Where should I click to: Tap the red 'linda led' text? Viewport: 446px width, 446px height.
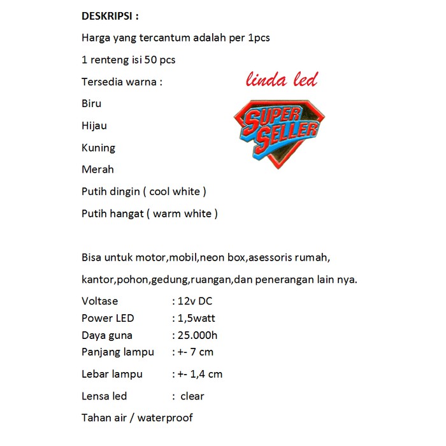[282, 80]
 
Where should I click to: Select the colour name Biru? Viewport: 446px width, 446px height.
[92, 103]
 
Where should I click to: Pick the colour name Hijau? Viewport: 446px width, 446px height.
[94, 126]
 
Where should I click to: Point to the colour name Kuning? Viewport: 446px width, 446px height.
[99, 148]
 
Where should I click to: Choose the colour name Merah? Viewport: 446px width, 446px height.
[98, 169]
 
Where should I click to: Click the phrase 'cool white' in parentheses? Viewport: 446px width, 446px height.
[177, 191]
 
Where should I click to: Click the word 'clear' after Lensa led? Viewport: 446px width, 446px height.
[192, 396]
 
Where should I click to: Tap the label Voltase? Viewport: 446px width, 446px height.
[100, 301]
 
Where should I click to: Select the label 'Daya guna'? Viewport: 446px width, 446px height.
[107, 335]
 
